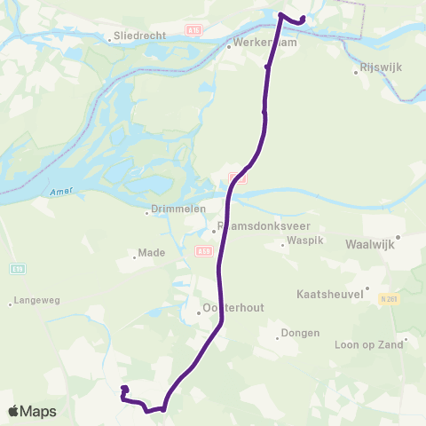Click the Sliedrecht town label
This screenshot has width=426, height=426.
(x=135, y=37)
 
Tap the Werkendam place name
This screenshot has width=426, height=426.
(x=262, y=42)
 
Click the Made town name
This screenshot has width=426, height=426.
(x=152, y=252)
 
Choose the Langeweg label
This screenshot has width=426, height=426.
(x=38, y=301)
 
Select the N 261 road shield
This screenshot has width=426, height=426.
(x=386, y=298)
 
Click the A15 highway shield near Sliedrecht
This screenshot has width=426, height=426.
(x=195, y=29)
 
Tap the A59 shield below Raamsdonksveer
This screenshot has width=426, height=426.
(x=203, y=251)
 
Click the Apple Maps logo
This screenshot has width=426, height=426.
(x=32, y=411)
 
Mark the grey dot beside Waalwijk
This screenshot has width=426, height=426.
(x=398, y=237)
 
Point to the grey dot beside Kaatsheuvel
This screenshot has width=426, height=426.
(x=367, y=287)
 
